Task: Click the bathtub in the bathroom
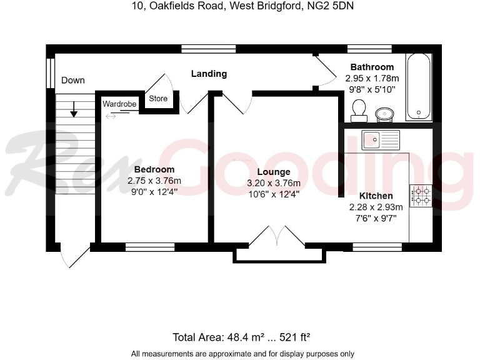pyautogui.click(x=418, y=86)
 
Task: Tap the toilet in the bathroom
pyautogui.click(x=359, y=111)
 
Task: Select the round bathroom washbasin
pyautogui.click(x=384, y=113)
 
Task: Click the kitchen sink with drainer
pyautogui.click(x=380, y=139)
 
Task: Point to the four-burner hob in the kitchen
pyautogui.click(x=420, y=195)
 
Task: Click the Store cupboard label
pyautogui.click(x=158, y=99)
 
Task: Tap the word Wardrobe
pyautogui.click(x=119, y=104)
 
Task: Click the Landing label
pyautogui.click(x=209, y=74)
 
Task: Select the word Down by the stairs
pyautogui.click(x=73, y=80)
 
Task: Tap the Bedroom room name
pyautogui.click(x=154, y=169)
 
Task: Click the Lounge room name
pyautogui.click(x=273, y=172)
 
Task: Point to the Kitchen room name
pyautogui.click(x=376, y=196)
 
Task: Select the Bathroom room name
pyautogui.click(x=372, y=67)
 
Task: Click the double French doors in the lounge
pyautogui.click(x=276, y=237)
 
